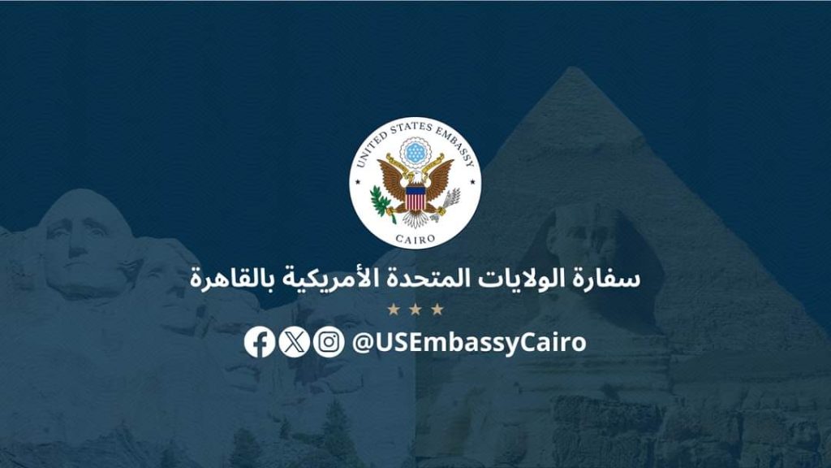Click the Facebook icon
(x=260, y=341)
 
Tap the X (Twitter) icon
(x=294, y=341)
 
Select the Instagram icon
(x=328, y=341)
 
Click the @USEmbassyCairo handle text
(x=469, y=342)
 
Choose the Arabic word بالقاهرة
(x=224, y=278)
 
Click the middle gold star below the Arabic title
(x=415, y=309)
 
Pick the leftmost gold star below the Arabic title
(x=394, y=309)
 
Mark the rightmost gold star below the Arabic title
(x=437, y=309)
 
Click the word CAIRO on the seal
(x=415, y=238)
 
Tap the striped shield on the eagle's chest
(x=415, y=197)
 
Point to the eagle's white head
(x=415, y=178)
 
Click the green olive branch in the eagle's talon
(x=378, y=201)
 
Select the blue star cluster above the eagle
(x=415, y=151)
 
